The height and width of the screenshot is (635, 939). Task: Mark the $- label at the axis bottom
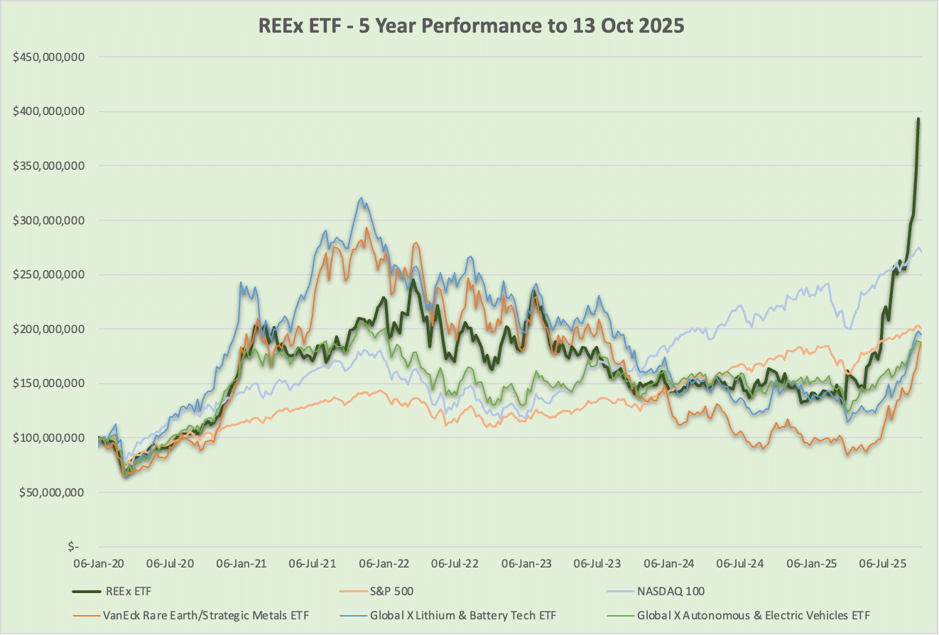73,547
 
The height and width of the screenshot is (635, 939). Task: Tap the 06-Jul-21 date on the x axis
313,564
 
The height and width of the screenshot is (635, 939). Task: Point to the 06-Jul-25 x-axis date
884,564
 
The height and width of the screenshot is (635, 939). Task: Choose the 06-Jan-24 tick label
670,564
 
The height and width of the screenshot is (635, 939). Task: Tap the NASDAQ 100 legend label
670,591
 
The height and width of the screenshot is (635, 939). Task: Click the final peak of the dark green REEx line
918,119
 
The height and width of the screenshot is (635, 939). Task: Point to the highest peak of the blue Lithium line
362,198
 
